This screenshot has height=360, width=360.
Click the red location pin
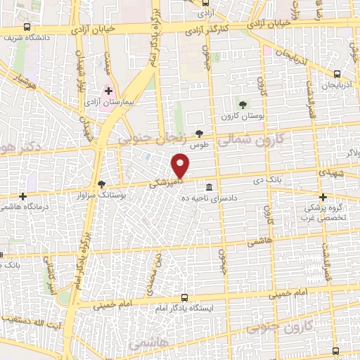pyautogui.click(x=181, y=165)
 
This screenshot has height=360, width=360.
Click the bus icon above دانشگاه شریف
pyautogui.click(x=27, y=27)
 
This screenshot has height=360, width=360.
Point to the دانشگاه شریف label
pyautogui.click(x=27, y=38)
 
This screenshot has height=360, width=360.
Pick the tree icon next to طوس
pyautogui.click(x=200, y=133)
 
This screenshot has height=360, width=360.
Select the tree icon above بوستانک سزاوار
pyautogui.click(x=103, y=184)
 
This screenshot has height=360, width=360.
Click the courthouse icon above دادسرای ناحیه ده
pyautogui.click(x=210, y=187)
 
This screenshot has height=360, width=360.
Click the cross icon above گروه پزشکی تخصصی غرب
pyautogui.click(x=323, y=197)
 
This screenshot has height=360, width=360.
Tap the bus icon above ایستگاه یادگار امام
pyautogui.click(x=184, y=297)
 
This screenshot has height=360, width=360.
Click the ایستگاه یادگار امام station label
pyautogui.click(x=184, y=307)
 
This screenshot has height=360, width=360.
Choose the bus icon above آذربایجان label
pyautogui.click(x=337, y=73)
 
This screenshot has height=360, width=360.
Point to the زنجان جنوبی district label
pyautogui.click(x=155, y=139)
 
